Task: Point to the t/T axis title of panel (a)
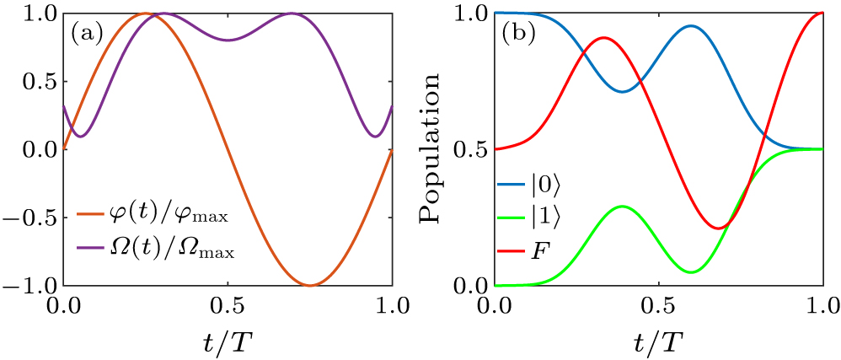coord(228,341)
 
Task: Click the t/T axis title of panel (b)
coord(658,341)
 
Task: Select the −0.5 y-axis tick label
coord(32,218)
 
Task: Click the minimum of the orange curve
coord(310,285)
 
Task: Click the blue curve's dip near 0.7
coord(622,91)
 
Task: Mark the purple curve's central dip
coord(228,40)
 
